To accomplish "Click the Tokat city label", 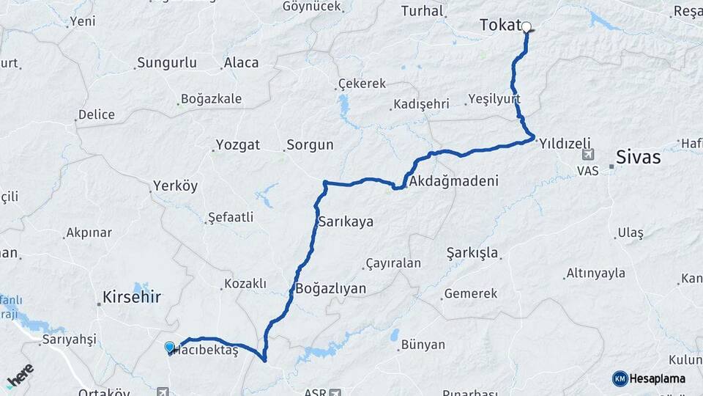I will click(x=499, y=25).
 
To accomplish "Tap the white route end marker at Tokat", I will click(x=527, y=27).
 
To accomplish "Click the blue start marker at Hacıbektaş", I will click(x=170, y=347).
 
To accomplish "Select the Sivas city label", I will click(x=638, y=158).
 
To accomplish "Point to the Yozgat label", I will click(x=237, y=145).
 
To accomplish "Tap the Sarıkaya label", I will click(x=346, y=221).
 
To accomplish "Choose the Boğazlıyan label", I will click(x=330, y=288).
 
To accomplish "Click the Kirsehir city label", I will click(x=132, y=298).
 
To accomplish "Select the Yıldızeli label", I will click(x=564, y=144).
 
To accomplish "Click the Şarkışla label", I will click(x=472, y=253).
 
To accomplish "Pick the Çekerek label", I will click(x=362, y=84).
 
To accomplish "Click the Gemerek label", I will click(x=470, y=293).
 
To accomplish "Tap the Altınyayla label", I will click(x=595, y=274).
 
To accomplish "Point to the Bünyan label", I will click(x=423, y=345).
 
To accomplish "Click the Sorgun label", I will click(x=310, y=145).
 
